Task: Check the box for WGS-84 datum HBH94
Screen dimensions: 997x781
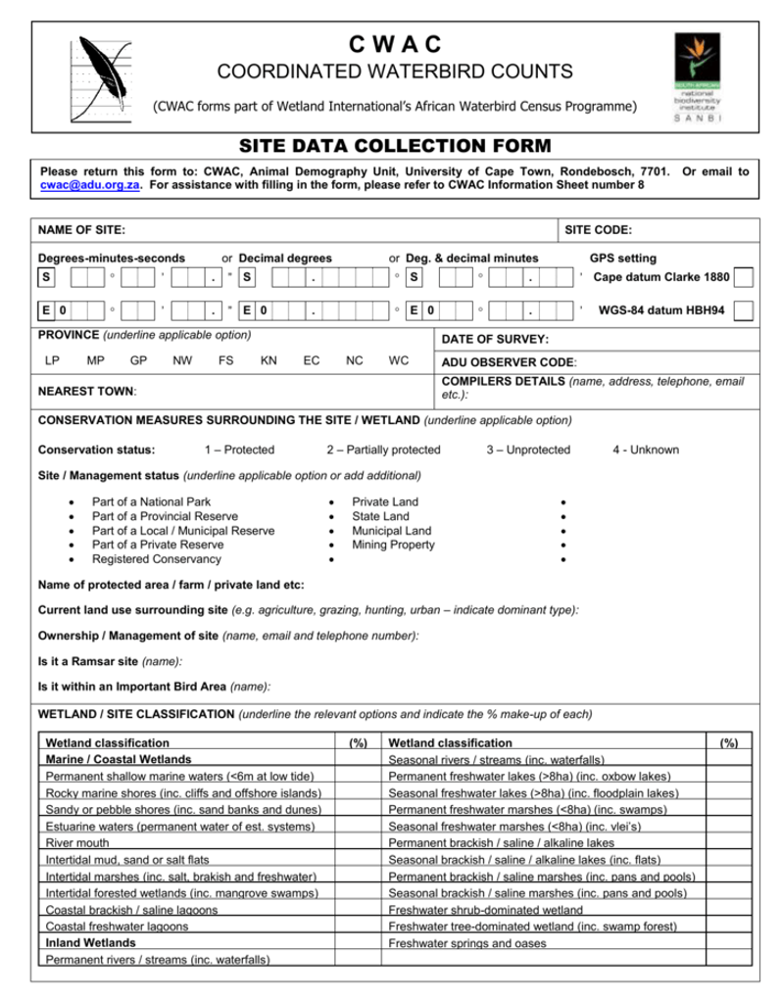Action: click(744, 310)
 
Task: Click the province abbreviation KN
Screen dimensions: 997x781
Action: click(268, 359)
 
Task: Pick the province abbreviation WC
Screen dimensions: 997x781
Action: click(398, 359)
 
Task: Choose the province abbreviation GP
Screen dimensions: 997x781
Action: click(138, 359)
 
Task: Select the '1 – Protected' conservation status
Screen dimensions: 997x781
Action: click(239, 450)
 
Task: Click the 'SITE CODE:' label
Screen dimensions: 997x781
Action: click(598, 230)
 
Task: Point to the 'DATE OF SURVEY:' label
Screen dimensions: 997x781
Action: click(494, 339)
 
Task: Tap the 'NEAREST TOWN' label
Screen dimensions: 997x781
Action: click(87, 391)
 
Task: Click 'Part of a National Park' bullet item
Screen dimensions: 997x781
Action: click(151, 501)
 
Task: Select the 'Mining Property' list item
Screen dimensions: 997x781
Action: click(393, 545)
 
